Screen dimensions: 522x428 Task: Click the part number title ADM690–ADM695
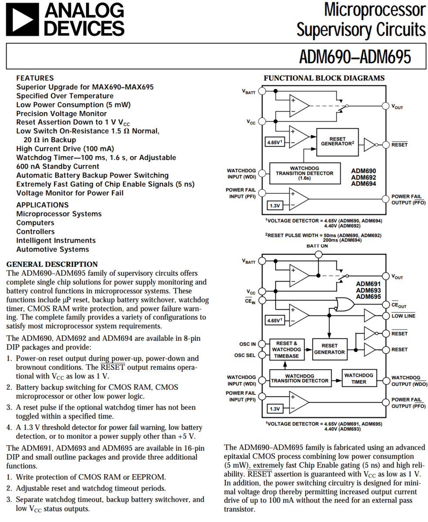(x=355, y=57)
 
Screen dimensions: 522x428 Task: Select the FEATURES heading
(x=35, y=78)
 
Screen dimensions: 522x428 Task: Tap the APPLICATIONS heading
(x=42, y=205)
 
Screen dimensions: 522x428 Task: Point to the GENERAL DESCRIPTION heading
(x=52, y=264)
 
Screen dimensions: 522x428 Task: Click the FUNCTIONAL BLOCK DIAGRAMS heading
(x=324, y=78)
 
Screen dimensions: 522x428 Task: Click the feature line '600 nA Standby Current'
(x=57, y=167)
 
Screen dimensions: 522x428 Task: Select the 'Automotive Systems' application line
(x=52, y=249)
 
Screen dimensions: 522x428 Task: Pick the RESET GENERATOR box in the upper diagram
(x=337, y=142)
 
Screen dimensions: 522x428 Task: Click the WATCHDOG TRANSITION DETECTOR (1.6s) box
(x=304, y=173)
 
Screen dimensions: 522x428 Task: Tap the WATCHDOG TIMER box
(x=359, y=378)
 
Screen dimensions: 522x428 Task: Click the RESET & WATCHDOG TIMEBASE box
(x=286, y=349)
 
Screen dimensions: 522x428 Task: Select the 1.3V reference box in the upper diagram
(x=274, y=205)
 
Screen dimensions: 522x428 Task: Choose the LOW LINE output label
(x=403, y=316)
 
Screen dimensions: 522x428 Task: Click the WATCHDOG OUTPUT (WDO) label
(x=408, y=381)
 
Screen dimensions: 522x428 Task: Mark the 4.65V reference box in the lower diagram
(x=274, y=321)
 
